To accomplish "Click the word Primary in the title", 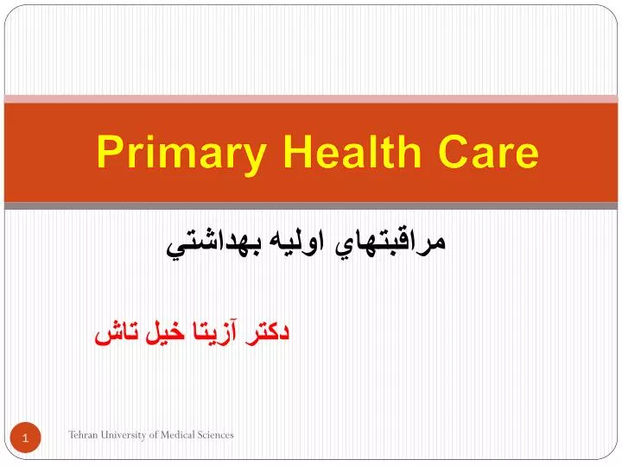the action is coord(181,154).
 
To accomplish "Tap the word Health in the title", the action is coord(352,151).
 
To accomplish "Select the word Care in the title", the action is coord(488,151).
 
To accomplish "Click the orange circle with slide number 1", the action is coord(25,438).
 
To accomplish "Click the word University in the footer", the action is coord(124,436).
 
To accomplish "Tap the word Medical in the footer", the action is coord(178,435).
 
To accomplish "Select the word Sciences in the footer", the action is coord(216,435).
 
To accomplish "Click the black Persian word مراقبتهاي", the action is coord(390,242).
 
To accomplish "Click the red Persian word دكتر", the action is coord(267,332).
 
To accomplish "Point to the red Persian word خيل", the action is coord(165,332).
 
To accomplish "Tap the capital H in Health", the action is coord(297,151).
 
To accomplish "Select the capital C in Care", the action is coord(454,151).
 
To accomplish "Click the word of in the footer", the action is coord(154,435).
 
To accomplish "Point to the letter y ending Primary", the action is coord(253,160).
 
